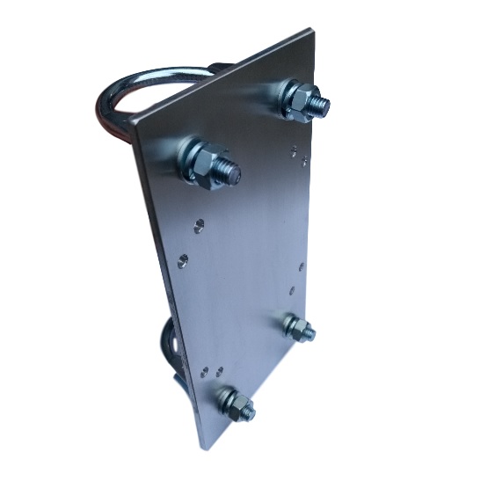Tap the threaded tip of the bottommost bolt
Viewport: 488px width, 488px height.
[249, 410]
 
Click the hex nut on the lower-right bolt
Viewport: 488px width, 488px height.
[298, 329]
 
